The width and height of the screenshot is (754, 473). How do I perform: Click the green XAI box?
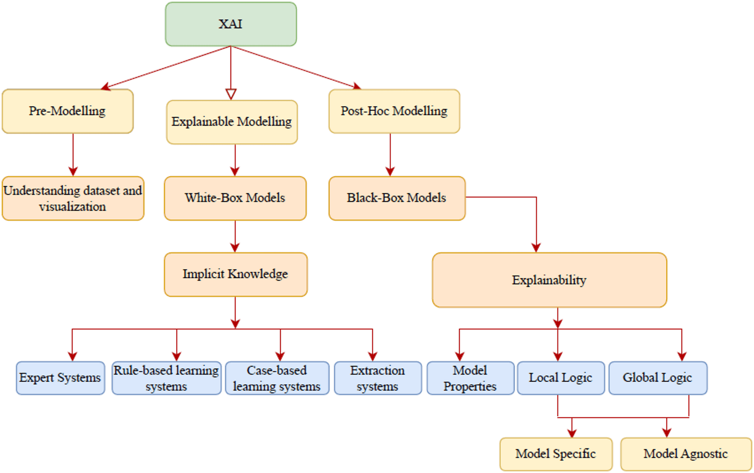tap(231, 24)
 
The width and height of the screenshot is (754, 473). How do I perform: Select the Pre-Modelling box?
tap(67, 111)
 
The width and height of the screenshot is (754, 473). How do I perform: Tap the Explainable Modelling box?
tap(232, 122)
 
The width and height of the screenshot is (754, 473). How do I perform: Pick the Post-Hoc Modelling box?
tap(394, 111)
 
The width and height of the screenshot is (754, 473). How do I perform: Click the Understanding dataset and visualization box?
tap(73, 198)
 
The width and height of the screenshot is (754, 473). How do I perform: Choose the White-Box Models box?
tap(235, 198)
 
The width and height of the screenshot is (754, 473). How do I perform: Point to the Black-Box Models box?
tap(397, 198)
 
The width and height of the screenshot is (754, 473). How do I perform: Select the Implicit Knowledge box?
tap(235, 274)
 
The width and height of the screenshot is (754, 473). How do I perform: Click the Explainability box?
tap(549, 280)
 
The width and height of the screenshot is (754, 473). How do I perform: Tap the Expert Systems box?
tap(60, 378)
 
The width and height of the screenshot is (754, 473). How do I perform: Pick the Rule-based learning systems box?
tap(166, 378)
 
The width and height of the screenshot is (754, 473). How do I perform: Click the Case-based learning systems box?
tap(277, 378)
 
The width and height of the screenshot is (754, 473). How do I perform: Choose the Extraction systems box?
tap(378, 378)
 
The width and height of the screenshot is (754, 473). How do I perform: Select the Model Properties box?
tap(470, 378)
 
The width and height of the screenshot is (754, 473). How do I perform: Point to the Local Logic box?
tap(561, 378)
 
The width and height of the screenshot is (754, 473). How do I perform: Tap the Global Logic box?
tap(658, 378)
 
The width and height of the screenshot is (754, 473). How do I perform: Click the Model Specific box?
tap(556, 454)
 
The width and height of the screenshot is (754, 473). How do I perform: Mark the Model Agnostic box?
tap(686, 454)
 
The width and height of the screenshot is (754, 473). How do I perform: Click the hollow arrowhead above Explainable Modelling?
tap(231, 94)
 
